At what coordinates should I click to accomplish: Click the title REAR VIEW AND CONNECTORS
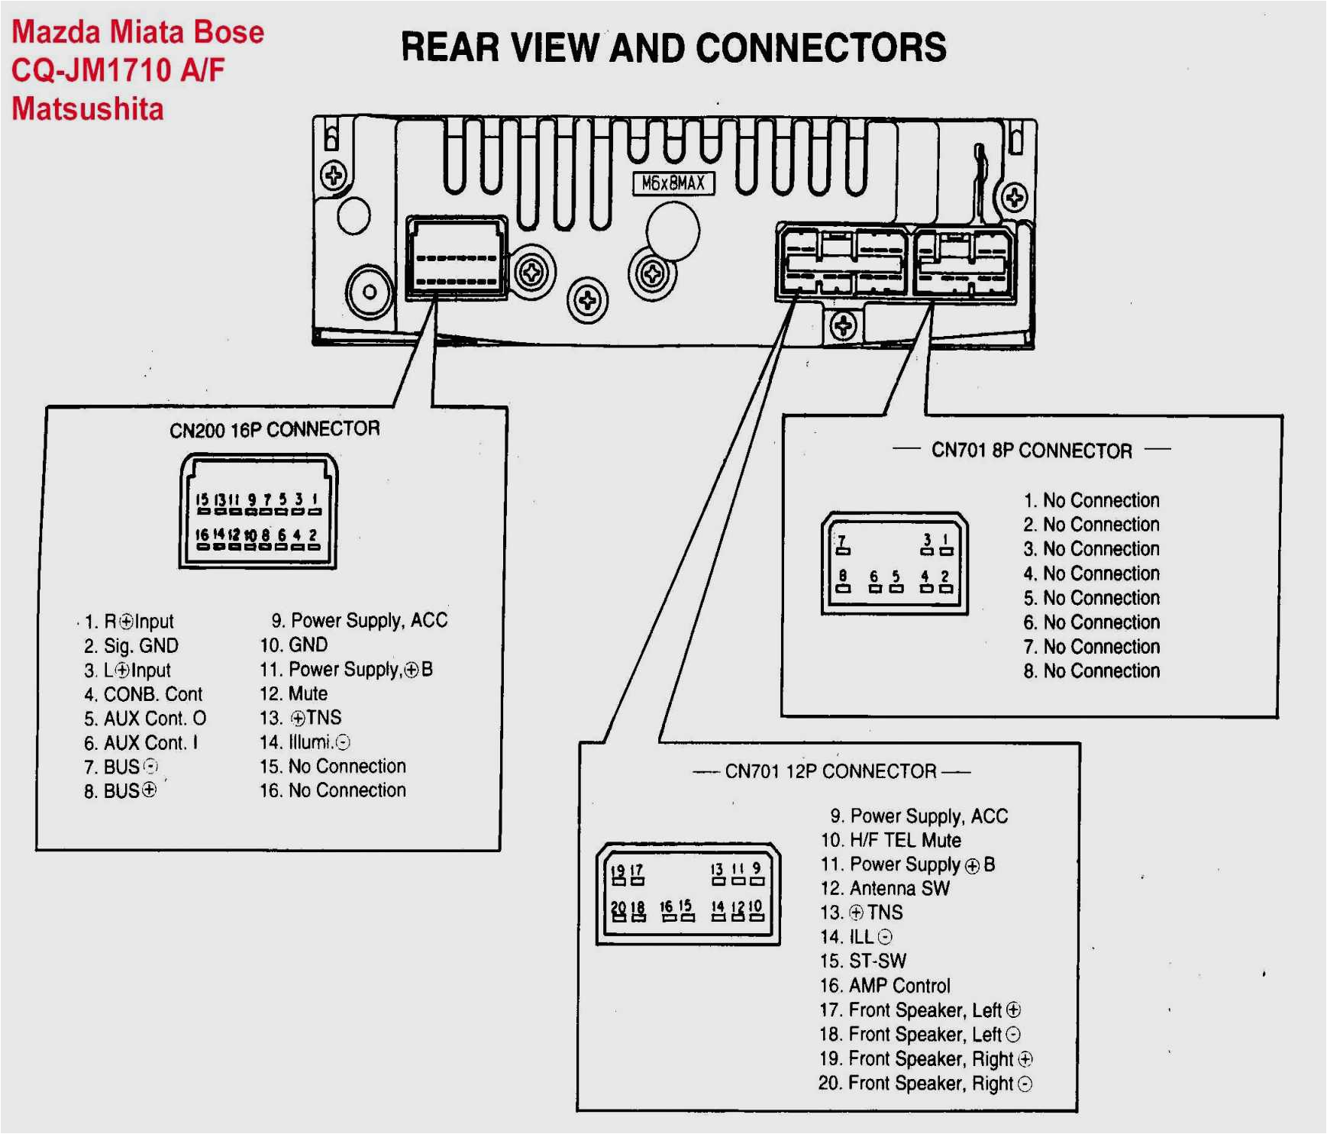673,47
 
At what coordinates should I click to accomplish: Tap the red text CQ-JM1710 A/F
118,70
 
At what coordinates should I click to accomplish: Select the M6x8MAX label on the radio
673,183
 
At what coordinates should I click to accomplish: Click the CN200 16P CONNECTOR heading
275,429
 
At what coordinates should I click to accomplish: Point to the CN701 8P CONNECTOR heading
1032,451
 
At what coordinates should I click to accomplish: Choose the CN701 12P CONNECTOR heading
831,771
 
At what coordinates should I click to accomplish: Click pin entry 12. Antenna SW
885,888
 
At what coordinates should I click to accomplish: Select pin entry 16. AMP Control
885,986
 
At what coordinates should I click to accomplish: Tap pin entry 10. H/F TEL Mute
890,840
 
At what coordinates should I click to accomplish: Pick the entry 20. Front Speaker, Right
925,1084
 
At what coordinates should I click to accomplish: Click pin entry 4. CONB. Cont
144,694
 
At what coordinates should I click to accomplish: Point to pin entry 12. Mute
294,693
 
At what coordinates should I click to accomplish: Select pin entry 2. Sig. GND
131,645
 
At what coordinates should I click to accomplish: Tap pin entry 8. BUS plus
121,791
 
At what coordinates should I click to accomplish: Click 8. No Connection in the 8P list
1092,671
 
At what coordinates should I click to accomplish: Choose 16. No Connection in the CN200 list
333,790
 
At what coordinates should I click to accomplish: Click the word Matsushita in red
88,109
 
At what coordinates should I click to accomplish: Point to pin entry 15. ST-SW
864,961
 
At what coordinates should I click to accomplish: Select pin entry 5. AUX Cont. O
145,719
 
